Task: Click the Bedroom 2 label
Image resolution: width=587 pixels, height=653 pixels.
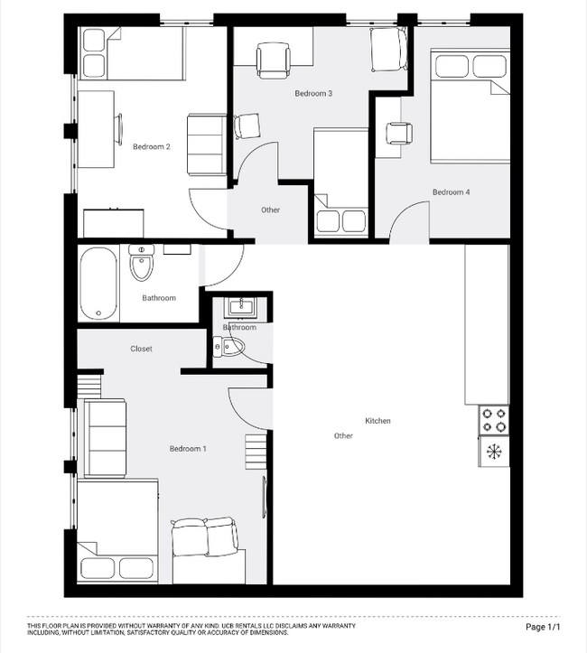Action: [151, 146]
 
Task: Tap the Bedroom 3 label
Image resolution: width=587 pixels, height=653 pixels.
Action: [313, 94]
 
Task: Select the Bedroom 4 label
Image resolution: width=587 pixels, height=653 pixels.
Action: [451, 192]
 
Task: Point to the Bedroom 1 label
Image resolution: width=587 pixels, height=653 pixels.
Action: [188, 449]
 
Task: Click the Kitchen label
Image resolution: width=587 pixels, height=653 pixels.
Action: [377, 421]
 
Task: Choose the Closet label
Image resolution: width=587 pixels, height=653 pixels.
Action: [141, 349]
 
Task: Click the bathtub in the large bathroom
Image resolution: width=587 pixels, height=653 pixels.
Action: [98, 284]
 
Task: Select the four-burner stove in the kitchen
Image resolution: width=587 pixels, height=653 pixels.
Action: [494, 420]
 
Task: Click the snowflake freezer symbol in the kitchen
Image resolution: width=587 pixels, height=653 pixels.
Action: [494, 450]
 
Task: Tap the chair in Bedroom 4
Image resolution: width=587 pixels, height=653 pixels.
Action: [398, 133]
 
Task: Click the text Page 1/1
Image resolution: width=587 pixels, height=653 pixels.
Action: [543, 627]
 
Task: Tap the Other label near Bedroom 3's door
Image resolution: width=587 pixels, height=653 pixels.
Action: [271, 210]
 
